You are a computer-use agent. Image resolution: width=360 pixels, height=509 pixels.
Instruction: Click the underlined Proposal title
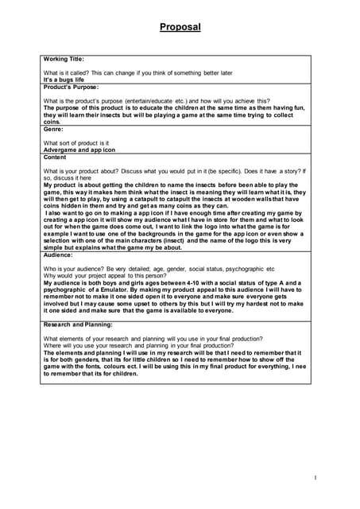coord(180,27)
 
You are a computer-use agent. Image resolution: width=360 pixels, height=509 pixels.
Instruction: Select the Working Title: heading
coord(64,59)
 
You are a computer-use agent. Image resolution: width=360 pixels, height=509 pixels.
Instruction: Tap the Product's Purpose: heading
coord(71,86)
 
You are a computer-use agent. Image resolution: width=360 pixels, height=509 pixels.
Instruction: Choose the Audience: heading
coord(59,254)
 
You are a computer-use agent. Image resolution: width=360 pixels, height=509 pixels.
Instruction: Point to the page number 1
coord(315,477)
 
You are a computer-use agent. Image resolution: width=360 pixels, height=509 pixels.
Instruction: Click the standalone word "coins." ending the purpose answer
coord(52,122)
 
